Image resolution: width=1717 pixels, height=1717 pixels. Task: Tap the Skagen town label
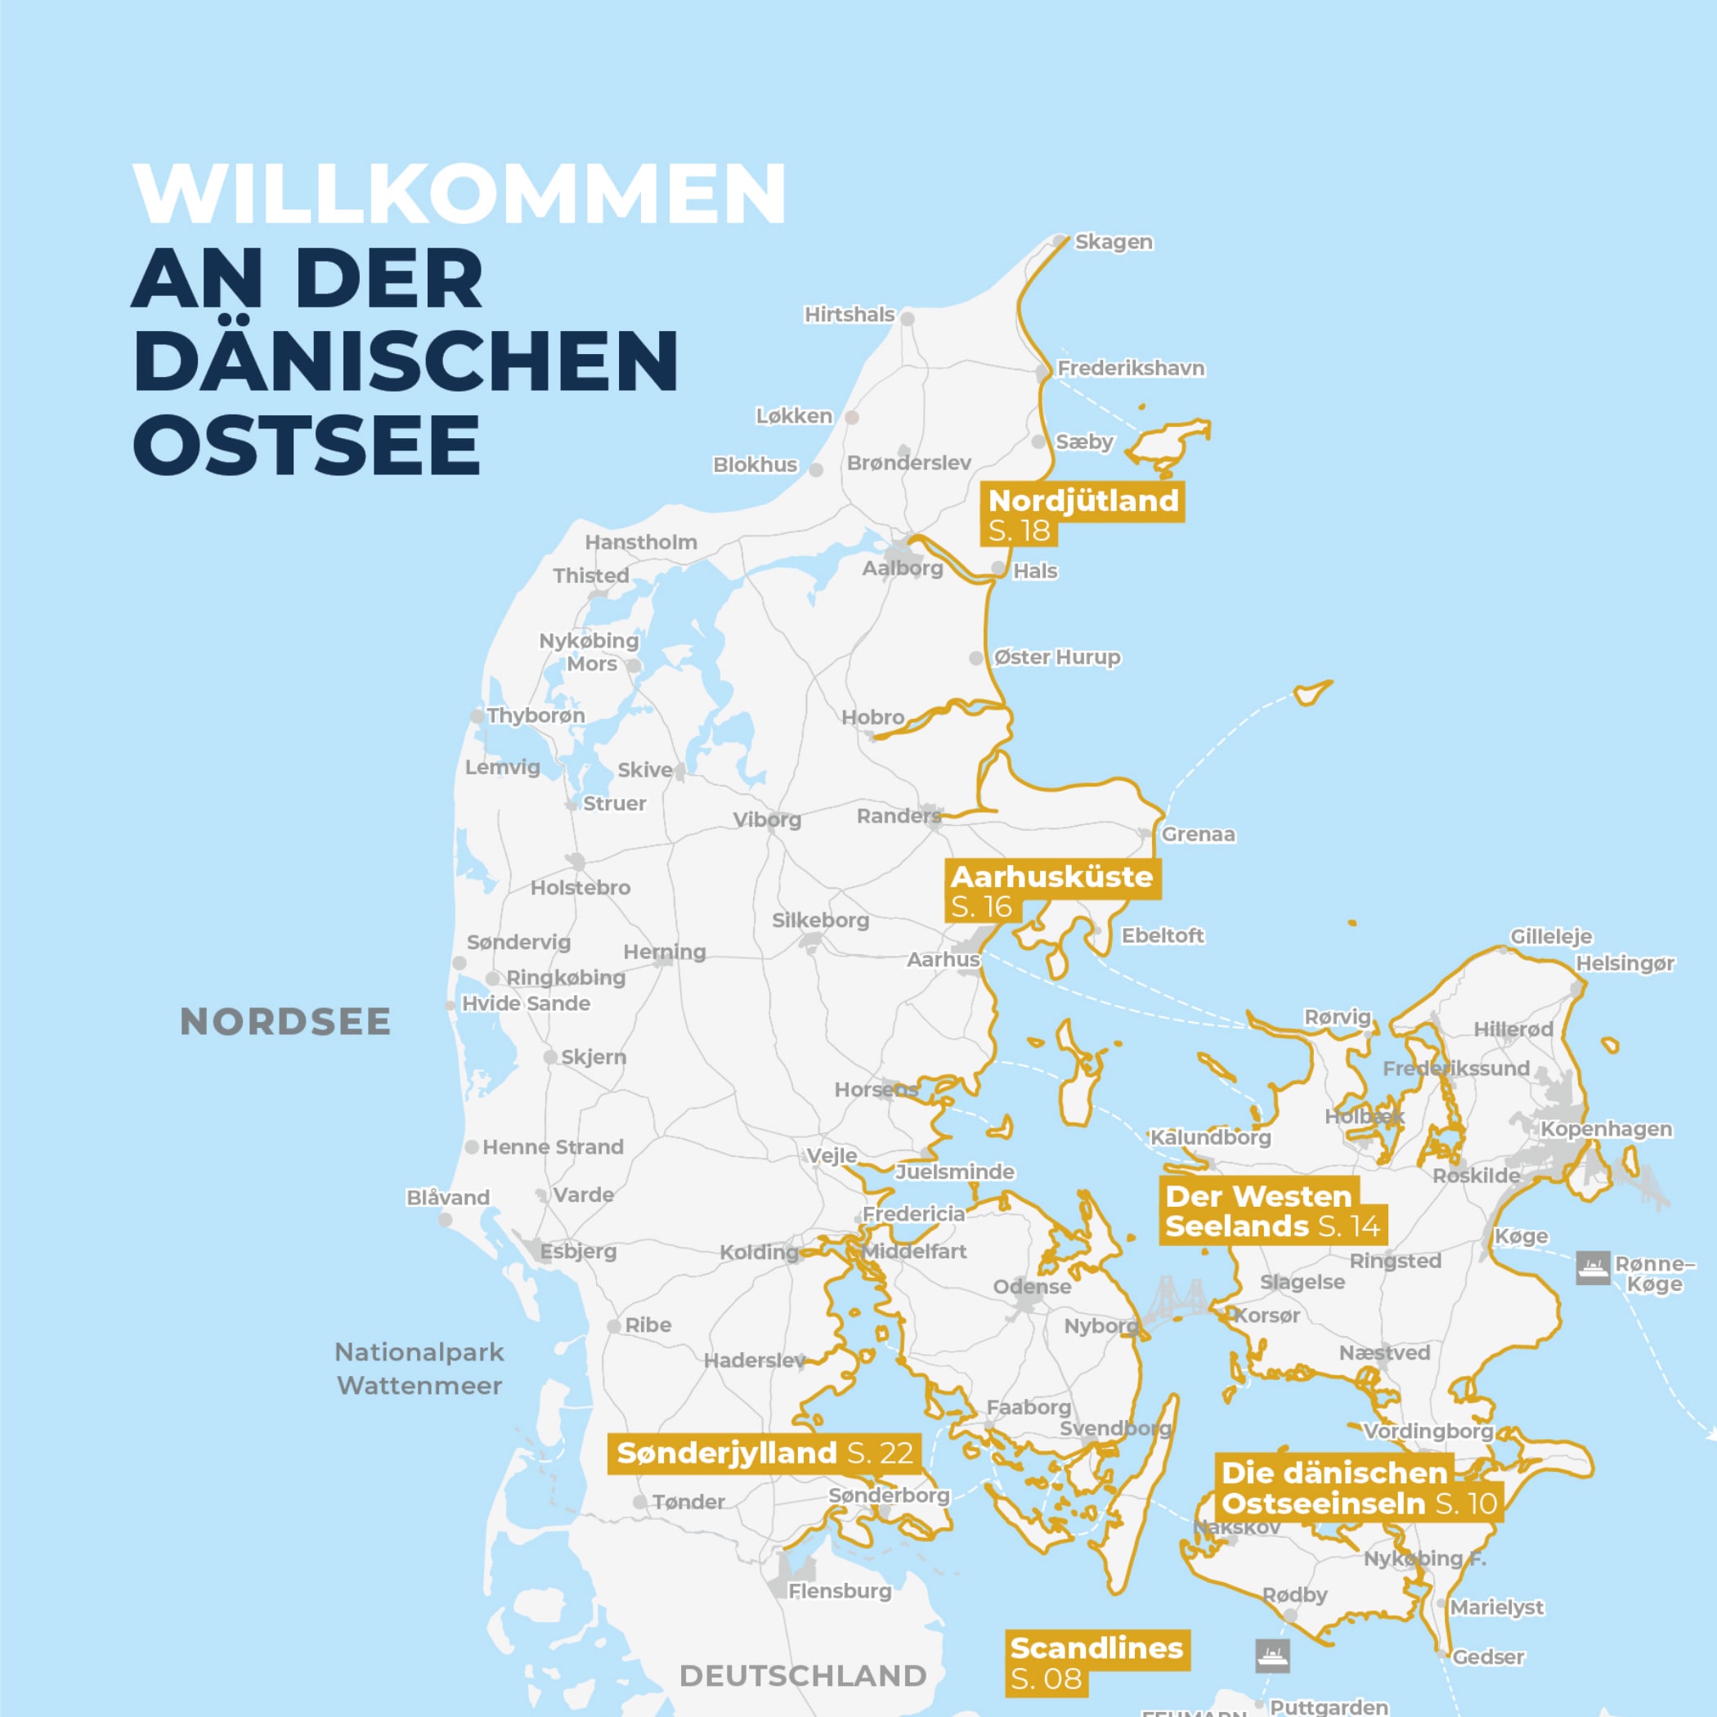(1113, 242)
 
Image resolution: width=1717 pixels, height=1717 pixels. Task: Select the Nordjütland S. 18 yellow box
(1083, 514)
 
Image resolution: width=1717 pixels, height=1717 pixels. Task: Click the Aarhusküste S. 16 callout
(1051, 890)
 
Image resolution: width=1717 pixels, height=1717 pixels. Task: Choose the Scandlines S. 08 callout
(1096, 1663)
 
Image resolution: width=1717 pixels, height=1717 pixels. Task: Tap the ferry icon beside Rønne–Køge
(1593, 1267)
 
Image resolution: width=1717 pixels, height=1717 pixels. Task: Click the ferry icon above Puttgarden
(1271, 1655)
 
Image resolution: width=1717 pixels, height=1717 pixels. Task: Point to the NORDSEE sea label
(285, 1022)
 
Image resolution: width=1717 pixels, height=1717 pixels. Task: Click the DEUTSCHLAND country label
(803, 1676)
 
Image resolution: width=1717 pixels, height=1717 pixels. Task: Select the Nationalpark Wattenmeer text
(419, 1369)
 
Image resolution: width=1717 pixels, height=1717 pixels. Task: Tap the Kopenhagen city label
(1606, 1128)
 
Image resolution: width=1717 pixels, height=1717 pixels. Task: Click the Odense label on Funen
(1032, 1286)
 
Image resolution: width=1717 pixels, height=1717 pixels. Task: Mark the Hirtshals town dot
(908, 318)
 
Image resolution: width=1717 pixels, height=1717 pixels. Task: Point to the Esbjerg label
(578, 1251)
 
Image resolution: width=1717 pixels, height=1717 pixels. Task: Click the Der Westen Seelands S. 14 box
(1273, 1210)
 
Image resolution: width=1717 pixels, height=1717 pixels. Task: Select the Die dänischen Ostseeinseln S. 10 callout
(1358, 1488)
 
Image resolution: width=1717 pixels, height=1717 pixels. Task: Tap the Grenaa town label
(1197, 834)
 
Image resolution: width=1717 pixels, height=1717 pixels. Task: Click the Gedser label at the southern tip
(1488, 1656)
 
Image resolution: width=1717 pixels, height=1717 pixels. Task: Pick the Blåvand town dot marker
(446, 1219)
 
